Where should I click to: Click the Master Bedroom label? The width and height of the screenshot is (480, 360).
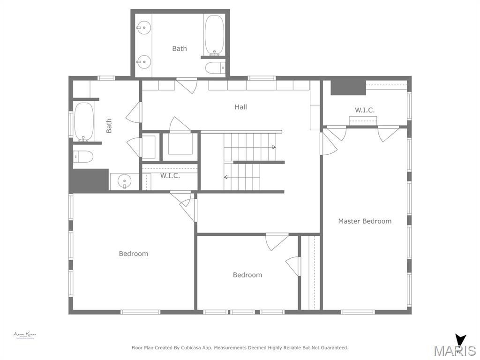[365, 221]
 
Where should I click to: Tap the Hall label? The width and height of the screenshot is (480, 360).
[240, 107]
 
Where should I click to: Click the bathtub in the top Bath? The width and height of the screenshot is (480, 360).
[214, 36]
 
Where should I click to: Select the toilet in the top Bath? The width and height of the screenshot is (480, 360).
[215, 68]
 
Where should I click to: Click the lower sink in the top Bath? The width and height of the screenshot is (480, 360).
[144, 61]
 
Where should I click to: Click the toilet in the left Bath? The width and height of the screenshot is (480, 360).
[83, 156]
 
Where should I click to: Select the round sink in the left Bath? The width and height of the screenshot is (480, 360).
[124, 180]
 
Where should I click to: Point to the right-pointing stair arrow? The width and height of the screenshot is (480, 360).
[273, 147]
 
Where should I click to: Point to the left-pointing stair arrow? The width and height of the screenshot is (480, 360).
[226, 177]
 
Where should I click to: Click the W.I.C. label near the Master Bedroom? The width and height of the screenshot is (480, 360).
[364, 110]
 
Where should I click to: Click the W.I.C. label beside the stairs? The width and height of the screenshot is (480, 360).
[170, 176]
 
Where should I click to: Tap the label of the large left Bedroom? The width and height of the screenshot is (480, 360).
[133, 254]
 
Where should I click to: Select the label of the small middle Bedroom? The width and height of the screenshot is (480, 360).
[247, 275]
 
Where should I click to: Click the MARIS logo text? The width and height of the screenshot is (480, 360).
[455, 351]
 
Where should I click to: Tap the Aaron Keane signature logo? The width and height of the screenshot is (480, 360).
[24, 335]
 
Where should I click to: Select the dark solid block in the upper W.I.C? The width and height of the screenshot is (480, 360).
[348, 87]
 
